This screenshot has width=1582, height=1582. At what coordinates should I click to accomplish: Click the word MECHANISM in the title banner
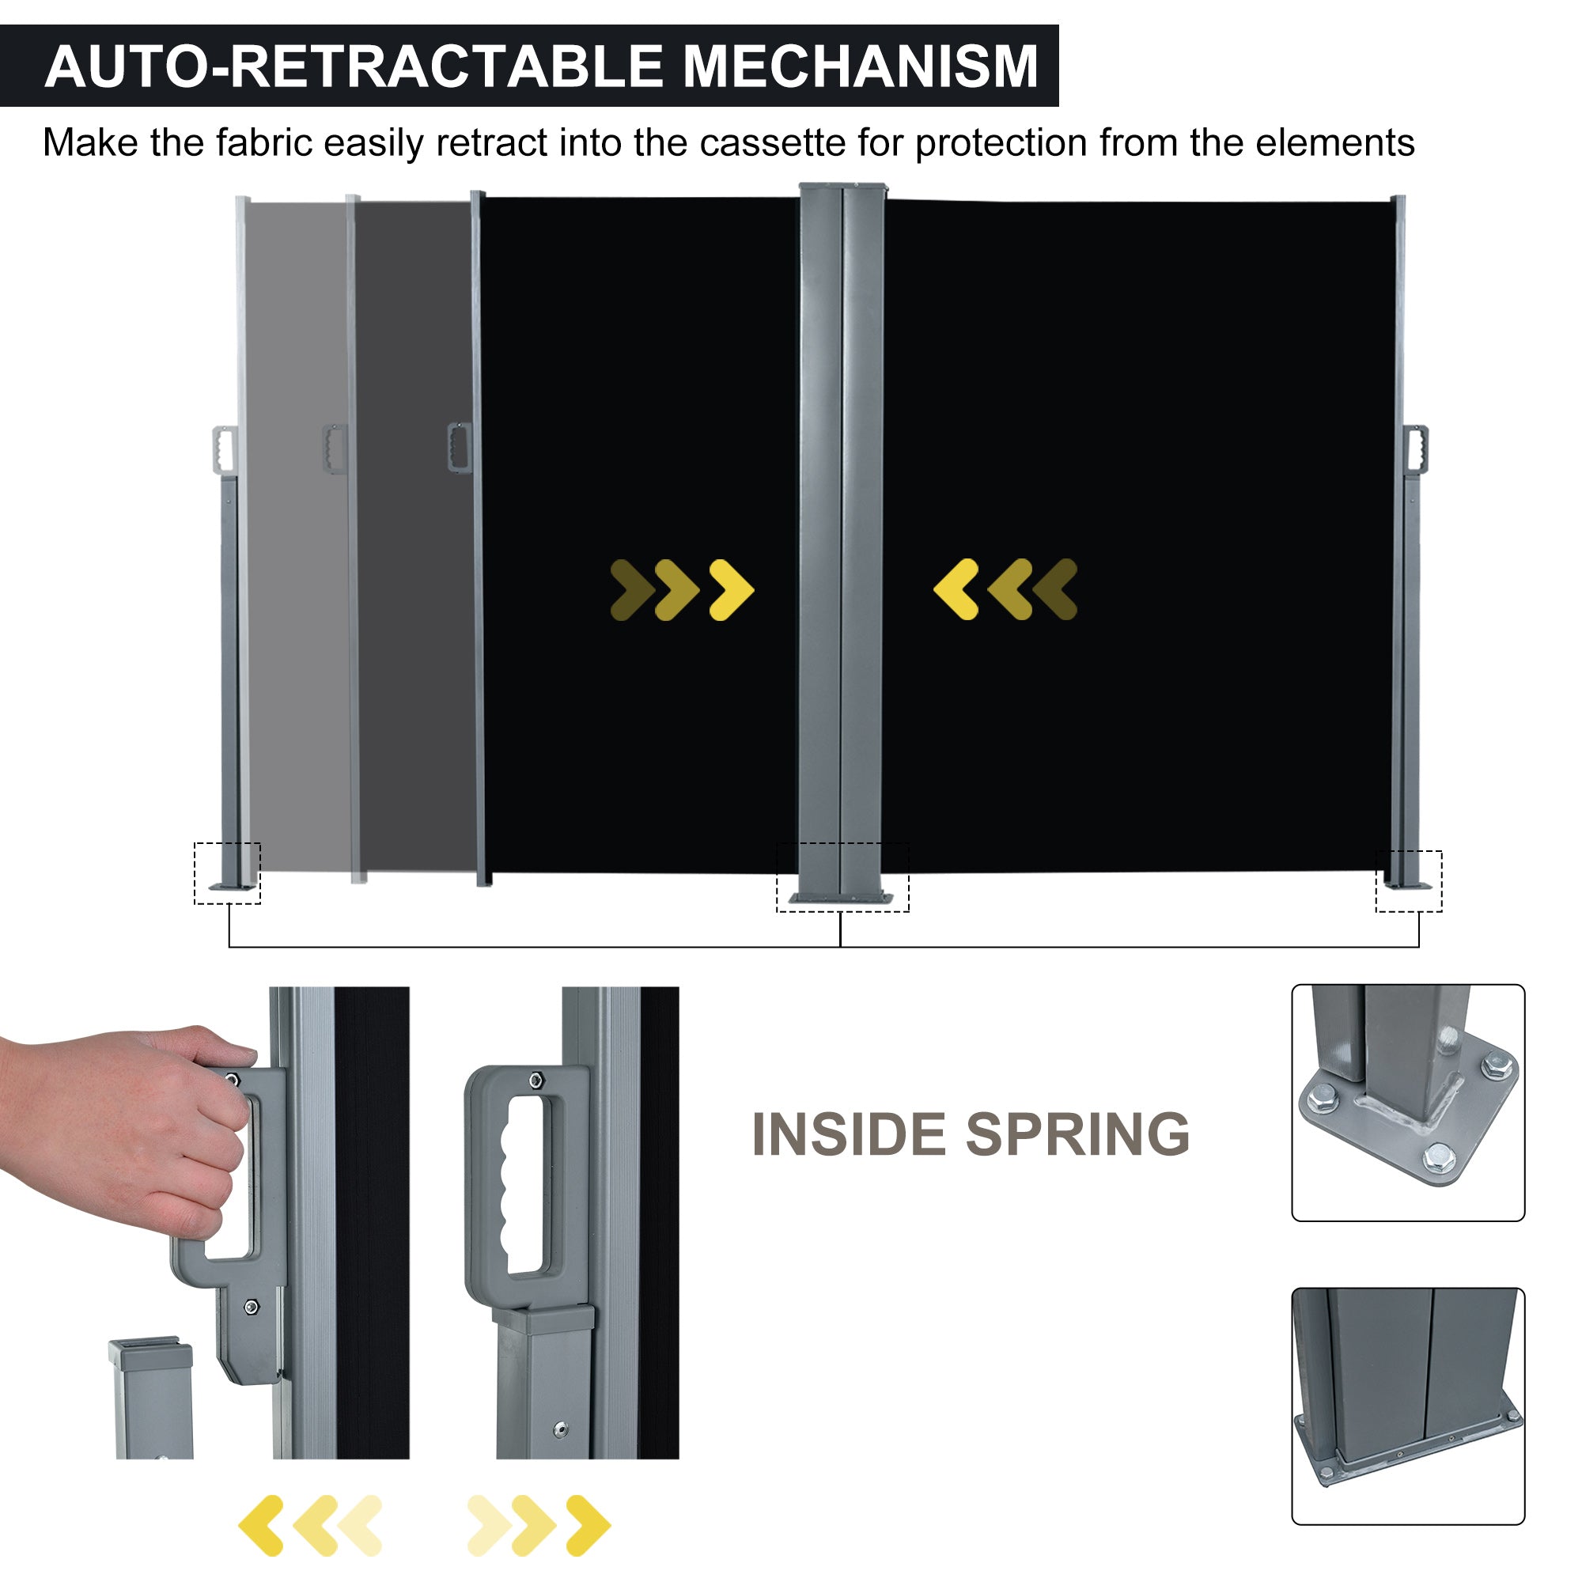pos(860,67)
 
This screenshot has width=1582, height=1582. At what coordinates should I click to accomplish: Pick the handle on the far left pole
pos(223,448)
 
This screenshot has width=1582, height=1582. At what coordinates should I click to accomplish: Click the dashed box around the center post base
pos(842,877)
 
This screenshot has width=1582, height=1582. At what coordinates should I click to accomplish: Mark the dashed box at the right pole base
pos(1409,881)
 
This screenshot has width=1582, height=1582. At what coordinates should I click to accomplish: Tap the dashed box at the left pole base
pos(227,873)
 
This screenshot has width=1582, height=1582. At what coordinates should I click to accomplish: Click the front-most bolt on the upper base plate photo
pos(1439,1158)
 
